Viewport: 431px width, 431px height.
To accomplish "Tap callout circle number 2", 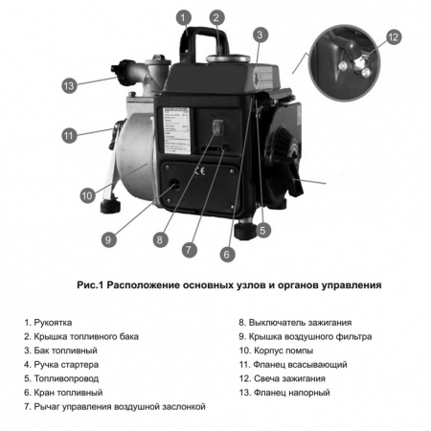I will tap(217, 16).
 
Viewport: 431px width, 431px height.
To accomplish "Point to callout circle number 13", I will tap(68, 85).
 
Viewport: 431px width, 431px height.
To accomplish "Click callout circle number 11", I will tap(68, 136).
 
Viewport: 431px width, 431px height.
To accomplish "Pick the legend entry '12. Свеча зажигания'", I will tap(284, 378).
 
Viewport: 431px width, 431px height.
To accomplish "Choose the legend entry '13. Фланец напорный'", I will tap(284, 393).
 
